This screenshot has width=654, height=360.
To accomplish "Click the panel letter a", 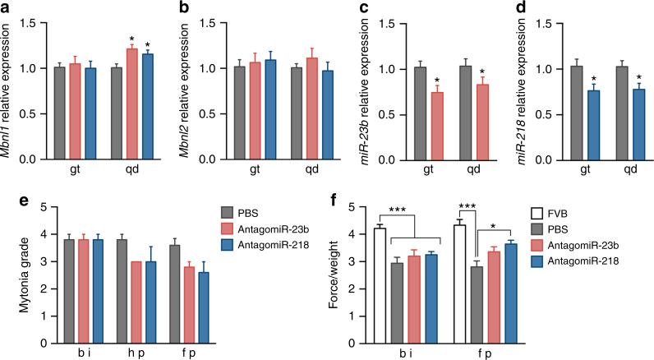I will (6, 7).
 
